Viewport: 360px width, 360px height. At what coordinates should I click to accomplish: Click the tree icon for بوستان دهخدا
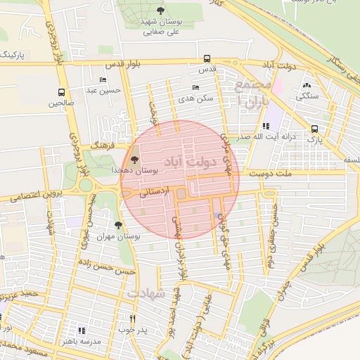(x=134, y=160)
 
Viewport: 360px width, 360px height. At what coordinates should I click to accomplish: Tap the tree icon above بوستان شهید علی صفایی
(x=161, y=11)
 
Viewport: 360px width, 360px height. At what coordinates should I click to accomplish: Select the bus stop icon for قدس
(x=206, y=59)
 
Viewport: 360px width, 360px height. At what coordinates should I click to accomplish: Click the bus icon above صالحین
(x=61, y=92)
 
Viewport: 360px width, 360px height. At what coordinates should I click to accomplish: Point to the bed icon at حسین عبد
(x=103, y=80)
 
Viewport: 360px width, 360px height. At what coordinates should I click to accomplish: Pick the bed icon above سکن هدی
(x=195, y=87)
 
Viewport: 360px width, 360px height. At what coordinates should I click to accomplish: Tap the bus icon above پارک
(x=314, y=129)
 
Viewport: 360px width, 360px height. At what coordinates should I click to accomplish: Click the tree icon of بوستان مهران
(x=117, y=226)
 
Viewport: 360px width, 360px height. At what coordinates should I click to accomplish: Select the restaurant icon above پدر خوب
(x=131, y=319)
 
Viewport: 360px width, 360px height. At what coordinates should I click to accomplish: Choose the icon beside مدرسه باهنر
(x=82, y=330)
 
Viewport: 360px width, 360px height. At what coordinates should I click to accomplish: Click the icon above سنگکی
(x=307, y=85)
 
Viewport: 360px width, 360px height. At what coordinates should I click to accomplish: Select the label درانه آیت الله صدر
(x=264, y=137)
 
